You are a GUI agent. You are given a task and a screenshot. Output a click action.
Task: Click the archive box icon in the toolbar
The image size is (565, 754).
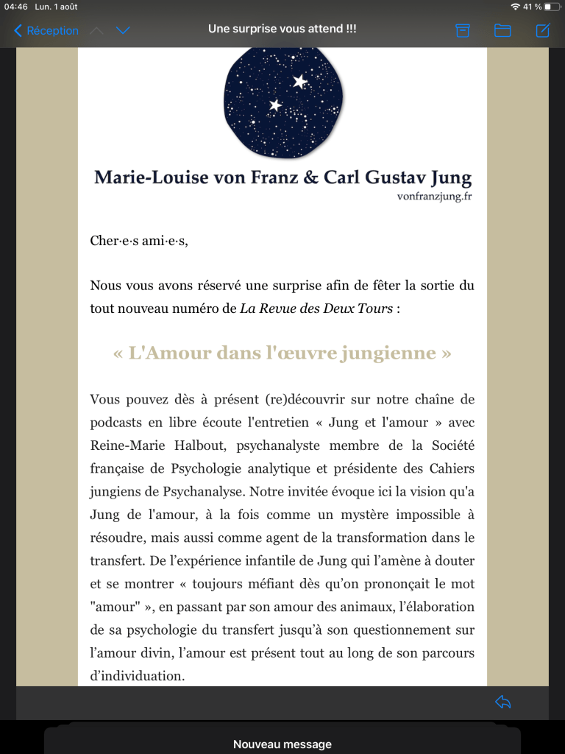pos(463,30)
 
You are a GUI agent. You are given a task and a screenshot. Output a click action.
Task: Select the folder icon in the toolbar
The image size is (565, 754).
pos(502,30)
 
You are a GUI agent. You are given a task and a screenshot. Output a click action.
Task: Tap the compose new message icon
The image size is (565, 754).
pos(543,30)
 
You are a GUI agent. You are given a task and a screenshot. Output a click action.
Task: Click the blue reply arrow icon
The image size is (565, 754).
pos(503,702)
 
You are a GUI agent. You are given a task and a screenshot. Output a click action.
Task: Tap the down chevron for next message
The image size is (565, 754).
pos(123,30)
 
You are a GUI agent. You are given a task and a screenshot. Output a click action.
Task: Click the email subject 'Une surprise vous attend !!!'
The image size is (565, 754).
pos(282,29)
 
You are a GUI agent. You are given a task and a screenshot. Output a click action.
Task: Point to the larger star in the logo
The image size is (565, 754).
pos(300,82)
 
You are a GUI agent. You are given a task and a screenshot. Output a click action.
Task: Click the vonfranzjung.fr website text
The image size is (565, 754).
pos(434,197)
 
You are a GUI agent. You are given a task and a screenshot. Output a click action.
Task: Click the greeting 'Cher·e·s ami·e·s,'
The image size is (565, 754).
pos(139,240)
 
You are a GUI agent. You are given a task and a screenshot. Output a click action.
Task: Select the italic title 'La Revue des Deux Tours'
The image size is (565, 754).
pos(316,308)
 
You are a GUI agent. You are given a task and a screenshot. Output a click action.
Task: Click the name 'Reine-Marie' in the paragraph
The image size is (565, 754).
pos(124,445)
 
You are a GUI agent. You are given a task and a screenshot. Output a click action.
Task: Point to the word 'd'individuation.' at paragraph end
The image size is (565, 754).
pos(138,674)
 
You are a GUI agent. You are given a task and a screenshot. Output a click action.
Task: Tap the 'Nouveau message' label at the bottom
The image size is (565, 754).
pos(282,744)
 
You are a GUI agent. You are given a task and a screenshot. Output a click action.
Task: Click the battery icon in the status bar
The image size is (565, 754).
pos(552,7)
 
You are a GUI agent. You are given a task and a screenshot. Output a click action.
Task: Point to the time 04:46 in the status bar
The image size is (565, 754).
pos(16,7)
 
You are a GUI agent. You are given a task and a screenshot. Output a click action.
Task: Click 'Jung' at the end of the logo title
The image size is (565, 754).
pos(448,177)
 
